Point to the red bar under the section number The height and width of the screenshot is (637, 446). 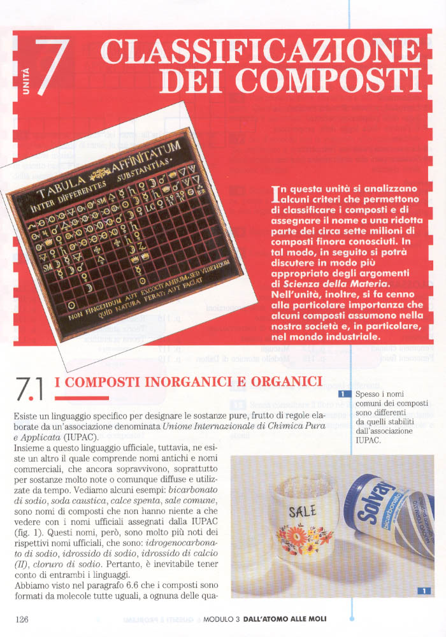point(82,398)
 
